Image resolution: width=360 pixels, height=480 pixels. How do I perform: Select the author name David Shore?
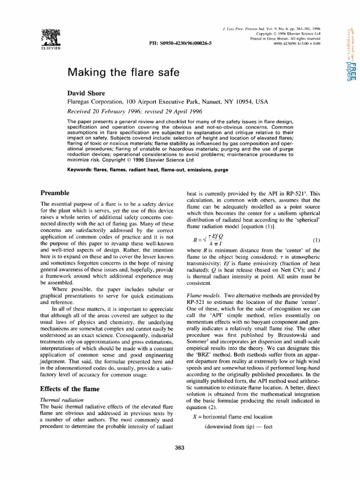pyautogui.click(x=87, y=93)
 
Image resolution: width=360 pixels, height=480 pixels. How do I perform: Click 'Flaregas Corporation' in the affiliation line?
pyautogui.click(x=96, y=101)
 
